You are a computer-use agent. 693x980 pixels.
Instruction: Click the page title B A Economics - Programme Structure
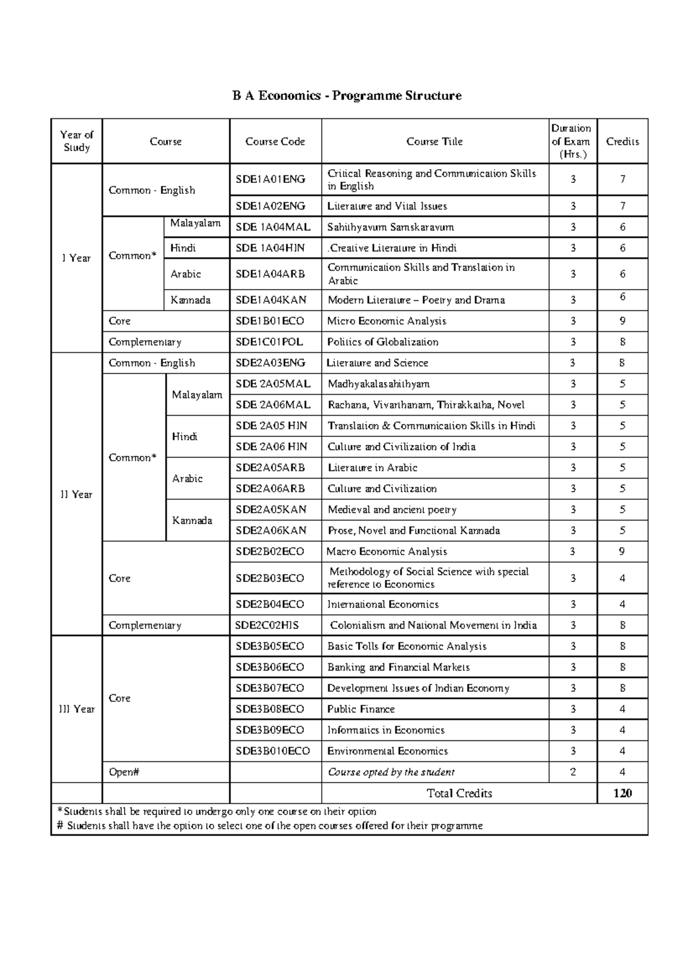point(346,96)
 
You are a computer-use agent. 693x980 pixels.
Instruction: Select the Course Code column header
point(275,141)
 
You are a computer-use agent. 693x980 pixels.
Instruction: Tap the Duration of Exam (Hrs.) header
point(571,141)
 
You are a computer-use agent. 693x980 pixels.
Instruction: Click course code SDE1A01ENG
point(270,179)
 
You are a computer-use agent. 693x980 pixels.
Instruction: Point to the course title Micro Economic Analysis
point(386,321)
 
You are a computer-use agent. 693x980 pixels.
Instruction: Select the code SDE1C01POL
point(269,342)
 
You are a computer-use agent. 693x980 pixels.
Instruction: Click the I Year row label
point(76,258)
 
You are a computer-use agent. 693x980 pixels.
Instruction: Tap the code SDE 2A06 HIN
point(271,447)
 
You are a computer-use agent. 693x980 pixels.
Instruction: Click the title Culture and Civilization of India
point(401,447)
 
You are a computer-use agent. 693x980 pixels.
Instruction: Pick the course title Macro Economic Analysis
point(386,552)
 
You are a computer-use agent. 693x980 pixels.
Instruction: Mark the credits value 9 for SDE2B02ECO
point(622,552)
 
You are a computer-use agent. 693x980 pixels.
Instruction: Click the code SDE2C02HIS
point(267,625)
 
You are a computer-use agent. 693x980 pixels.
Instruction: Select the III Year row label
point(76,709)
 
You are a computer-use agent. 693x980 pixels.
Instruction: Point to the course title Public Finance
point(361,709)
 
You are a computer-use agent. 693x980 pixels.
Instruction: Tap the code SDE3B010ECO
point(273,751)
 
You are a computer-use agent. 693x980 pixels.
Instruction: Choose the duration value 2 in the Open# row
point(572,772)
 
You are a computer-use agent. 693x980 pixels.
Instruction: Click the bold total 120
point(622,794)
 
